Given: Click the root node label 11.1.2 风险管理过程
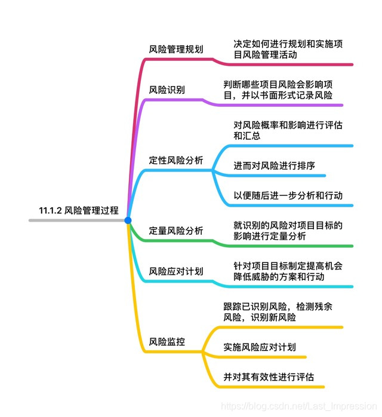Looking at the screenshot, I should click(79, 210).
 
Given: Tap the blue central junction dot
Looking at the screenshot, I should click(128, 220).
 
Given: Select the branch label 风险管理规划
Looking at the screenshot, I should click(176, 49).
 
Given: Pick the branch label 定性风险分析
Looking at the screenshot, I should click(176, 160).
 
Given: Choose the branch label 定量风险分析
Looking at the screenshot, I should click(176, 231).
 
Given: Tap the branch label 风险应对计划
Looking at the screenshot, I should click(176, 271).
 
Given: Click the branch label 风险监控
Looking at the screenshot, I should click(167, 342).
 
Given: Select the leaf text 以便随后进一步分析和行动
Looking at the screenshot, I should click(288, 195).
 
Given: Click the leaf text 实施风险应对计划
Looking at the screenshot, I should click(260, 347).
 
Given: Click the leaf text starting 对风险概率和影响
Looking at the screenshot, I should click(288, 130).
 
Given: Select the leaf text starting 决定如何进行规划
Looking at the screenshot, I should click(288, 49).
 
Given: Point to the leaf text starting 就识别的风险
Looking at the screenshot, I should click(288, 231).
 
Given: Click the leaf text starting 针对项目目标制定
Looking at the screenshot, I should click(288, 271).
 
